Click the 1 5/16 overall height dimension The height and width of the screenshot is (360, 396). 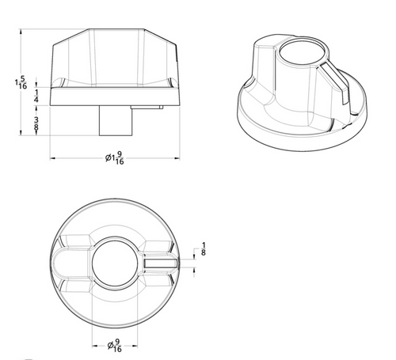point(22,82)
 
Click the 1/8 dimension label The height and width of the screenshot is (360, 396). point(204,250)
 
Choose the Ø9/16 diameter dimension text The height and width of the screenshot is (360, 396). point(116,345)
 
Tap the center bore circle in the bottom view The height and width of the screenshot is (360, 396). point(116,261)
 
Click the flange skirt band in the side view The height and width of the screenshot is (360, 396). point(116,97)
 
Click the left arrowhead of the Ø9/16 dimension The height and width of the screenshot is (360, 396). point(95,345)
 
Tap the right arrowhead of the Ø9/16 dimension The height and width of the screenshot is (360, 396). point(137,345)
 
